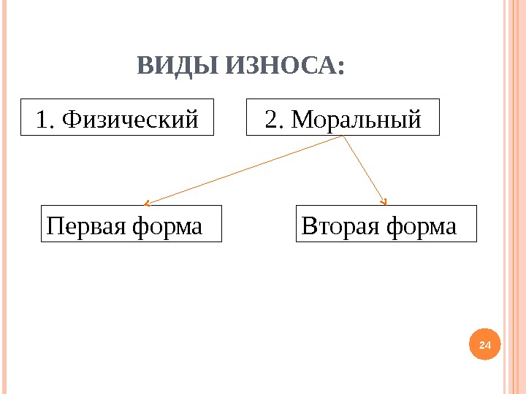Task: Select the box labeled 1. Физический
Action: pyautogui.click(x=117, y=117)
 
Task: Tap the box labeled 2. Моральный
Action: pyautogui.click(x=343, y=117)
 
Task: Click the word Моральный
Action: pyautogui.click(x=356, y=118)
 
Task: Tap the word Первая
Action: pyautogui.click(x=86, y=225)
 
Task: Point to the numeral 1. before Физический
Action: pyautogui.click(x=45, y=118)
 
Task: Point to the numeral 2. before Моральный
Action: pyautogui.click(x=275, y=118)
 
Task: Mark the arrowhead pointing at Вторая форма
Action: pyautogui.click(x=384, y=202)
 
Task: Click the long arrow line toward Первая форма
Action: pyautogui.click(x=245, y=169)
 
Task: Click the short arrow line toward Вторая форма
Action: pyautogui.click(x=363, y=169)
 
